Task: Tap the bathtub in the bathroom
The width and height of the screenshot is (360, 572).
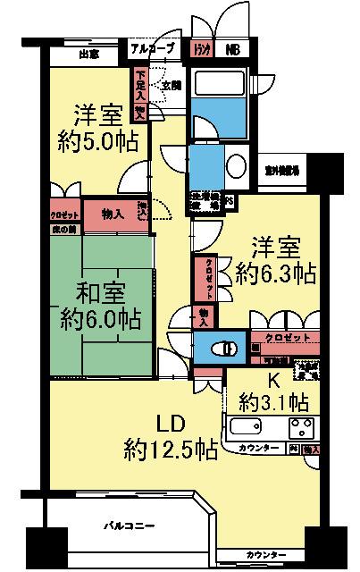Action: click(x=220, y=89)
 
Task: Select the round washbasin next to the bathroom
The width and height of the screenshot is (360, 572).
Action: click(x=239, y=166)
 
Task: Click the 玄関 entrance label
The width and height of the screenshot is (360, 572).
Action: click(x=171, y=85)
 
